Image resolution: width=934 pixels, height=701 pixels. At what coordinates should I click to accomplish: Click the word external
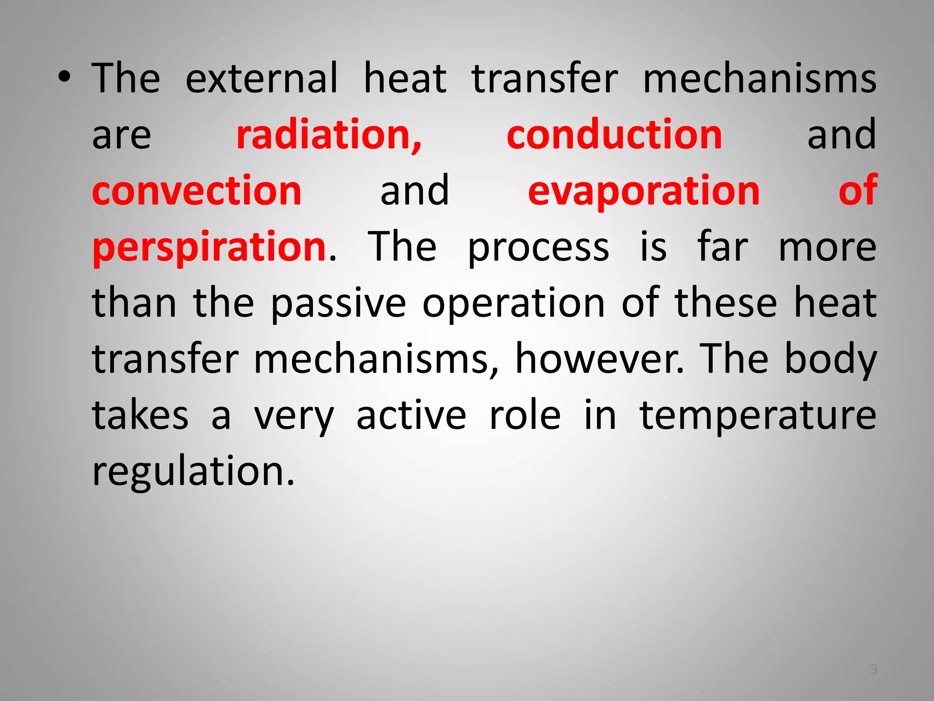coord(262,78)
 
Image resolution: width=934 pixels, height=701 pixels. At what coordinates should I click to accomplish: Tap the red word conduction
coord(614,135)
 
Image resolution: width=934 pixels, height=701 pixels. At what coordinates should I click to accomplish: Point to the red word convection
coord(197,191)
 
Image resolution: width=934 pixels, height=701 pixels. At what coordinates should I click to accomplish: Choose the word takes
coord(140,415)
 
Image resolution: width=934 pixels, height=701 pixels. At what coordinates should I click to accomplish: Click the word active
coord(411,415)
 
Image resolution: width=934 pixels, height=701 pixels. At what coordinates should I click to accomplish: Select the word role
coord(524,415)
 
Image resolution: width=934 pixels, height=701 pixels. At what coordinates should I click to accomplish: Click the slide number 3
coord(873,669)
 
